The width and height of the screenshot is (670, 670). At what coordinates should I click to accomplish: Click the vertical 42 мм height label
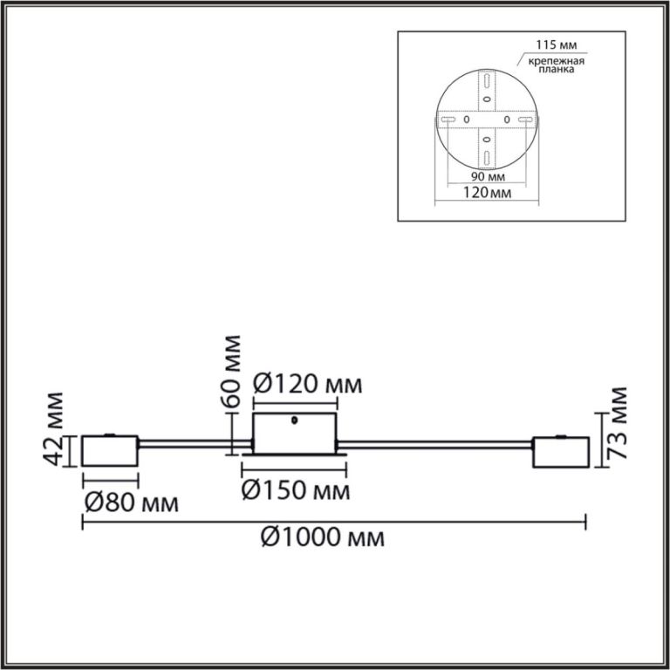click(54, 428)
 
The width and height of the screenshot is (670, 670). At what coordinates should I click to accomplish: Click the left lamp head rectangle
click(110, 451)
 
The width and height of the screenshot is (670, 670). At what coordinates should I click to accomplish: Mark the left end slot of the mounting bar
click(447, 119)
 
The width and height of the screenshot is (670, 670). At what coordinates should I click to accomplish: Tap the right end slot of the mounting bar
click(525, 119)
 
